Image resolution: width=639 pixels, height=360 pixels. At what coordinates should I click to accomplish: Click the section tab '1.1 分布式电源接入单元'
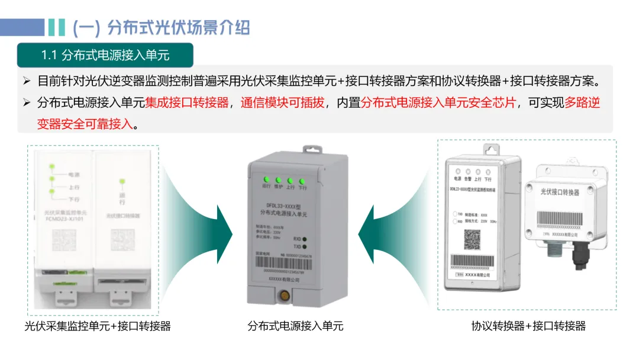105,55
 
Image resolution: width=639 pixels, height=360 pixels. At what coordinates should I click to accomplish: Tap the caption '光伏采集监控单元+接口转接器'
98,326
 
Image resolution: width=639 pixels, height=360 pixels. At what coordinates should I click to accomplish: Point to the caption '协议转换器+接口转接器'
528,326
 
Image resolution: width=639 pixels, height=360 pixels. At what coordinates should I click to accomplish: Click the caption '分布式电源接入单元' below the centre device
295,326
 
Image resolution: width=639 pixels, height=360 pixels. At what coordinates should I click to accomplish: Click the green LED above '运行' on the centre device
266,179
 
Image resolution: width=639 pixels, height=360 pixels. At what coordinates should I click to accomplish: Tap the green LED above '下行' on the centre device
302,181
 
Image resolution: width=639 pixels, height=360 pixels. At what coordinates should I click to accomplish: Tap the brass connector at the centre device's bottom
285,294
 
